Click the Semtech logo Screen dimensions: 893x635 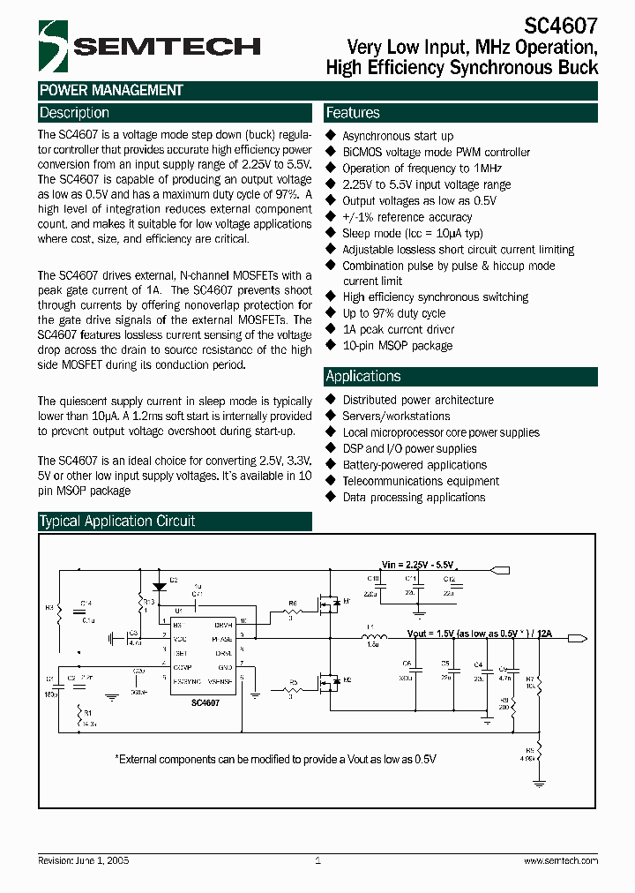pyautogui.click(x=150, y=46)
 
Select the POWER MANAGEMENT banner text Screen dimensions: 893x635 pyautogui.click(x=111, y=90)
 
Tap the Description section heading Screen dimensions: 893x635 pyautogui.click(x=75, y=113)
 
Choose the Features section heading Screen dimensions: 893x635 pyautogui.click(x=353, y=113)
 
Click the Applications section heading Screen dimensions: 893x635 pyautogui.click(x=363, y=376)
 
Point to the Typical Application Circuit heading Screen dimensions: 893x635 pyautogui.click(x=117, y=521)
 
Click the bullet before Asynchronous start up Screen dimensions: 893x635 pyautogui.click(x=332, y=136)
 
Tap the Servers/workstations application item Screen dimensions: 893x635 pyautogui.click(x=396, y=416)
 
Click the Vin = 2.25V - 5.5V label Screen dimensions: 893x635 pyautogui.click(x=422, y=564)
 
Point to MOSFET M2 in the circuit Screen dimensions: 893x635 pyautogui.click(x=332, y=682)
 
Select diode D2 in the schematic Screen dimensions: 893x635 pyautogui.click(x=160, y=586)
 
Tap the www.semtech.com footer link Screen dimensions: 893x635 pyautogui.click(x=560, y=860)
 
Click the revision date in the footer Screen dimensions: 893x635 pyautogui.click(x=84, y=860)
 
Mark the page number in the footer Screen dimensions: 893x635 pyautogui.click(x=317, y=860)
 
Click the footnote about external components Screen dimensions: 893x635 pyautogui.click(x=275, y=759)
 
